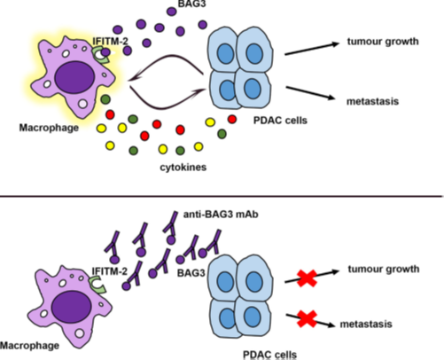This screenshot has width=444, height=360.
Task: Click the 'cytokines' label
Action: (183, 168)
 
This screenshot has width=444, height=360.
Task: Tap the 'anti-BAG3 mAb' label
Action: (221, 215)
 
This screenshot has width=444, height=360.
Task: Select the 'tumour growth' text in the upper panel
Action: (383, 42)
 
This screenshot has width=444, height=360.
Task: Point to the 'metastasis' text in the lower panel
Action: (366, 324)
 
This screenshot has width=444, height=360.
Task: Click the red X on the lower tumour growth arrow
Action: (307, 278)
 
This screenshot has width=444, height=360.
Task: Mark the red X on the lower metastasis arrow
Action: (308, 318)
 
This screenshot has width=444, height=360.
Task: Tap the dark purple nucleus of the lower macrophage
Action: (71, 307)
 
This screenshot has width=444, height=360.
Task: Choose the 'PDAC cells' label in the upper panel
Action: (280, 121)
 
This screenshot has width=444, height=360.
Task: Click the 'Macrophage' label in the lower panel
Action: (29, 346)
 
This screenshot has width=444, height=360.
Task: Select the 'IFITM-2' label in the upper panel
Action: (110, 41)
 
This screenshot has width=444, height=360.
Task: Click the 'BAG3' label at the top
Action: (191, 4)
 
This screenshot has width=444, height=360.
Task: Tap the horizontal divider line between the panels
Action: (222, 196)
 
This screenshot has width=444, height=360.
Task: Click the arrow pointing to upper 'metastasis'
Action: (311, 93)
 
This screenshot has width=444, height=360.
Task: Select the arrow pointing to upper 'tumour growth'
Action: (312, 49)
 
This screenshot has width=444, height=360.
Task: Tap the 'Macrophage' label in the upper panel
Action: (49, 128)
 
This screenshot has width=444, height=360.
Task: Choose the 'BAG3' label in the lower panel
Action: (191, 273)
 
